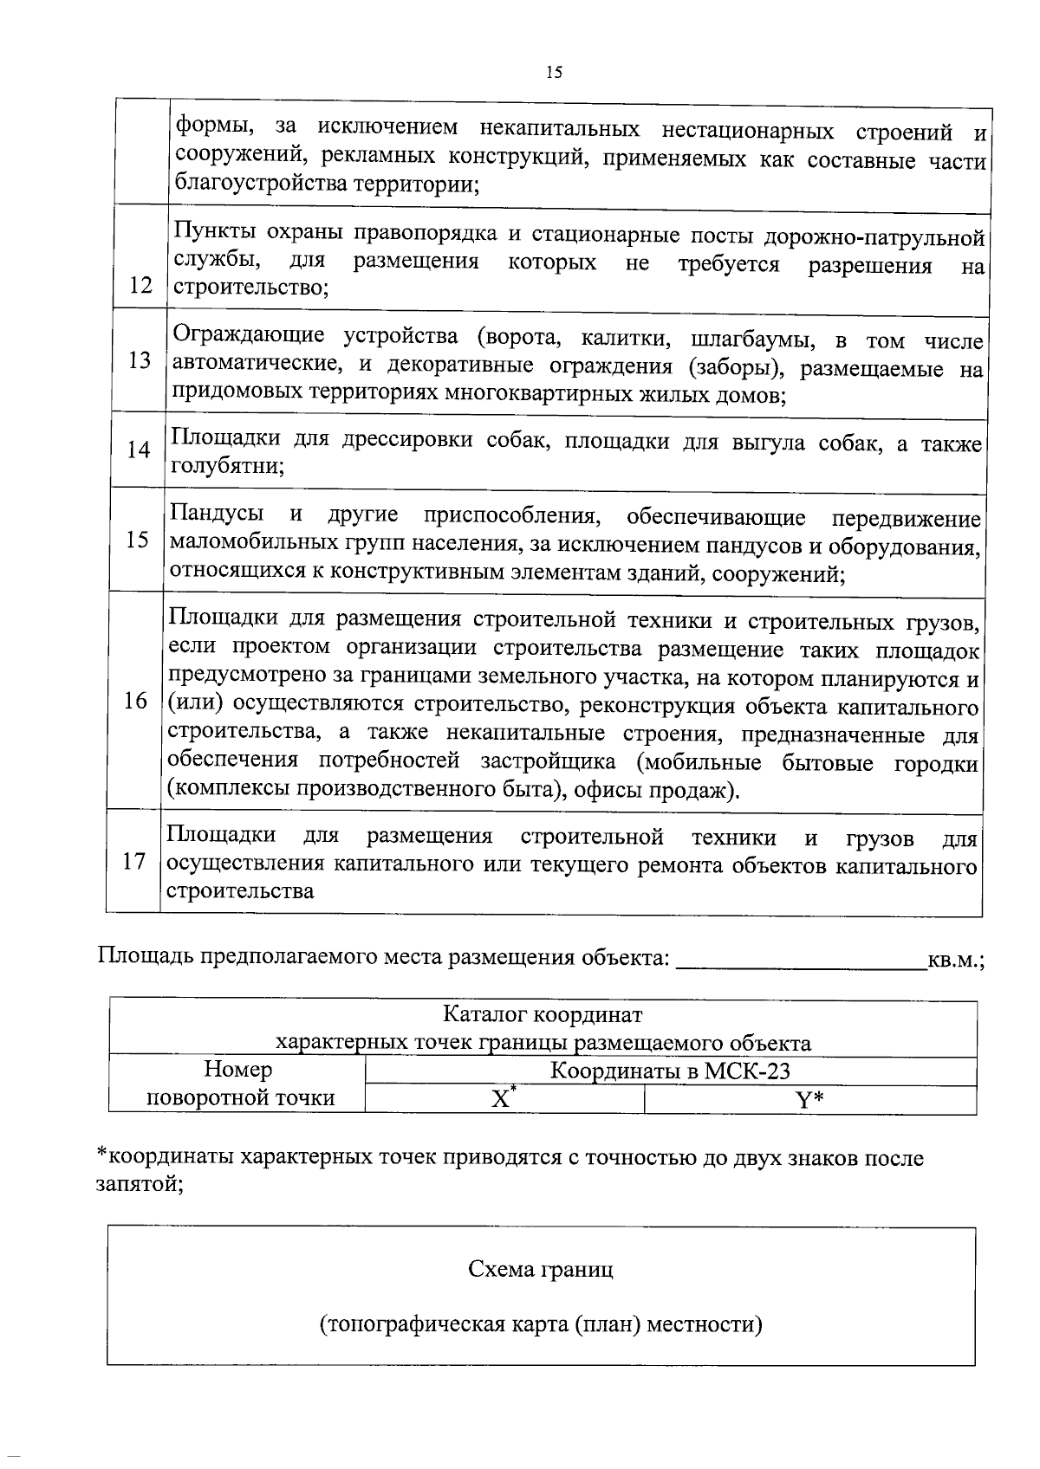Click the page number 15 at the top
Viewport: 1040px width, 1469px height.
coord(554,73)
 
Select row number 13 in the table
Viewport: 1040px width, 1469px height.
coord(140,360)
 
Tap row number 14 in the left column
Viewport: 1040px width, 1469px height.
coord(139,450)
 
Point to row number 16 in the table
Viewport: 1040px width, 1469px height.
coord(135,701)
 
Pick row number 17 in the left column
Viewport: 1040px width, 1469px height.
coord(133,861)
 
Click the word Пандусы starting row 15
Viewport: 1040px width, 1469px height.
coord(217,514)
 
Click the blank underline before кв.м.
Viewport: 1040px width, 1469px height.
coord(800,962)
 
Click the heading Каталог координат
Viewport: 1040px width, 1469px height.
coord(543,1013)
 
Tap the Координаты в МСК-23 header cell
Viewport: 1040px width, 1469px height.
coord(670,1071)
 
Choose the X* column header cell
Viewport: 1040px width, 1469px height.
coord(504,1098)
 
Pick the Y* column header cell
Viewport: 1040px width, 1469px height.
coord(809,1100)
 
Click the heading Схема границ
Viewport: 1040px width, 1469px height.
coord(541,1270)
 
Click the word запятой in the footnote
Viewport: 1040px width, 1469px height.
coord(138,1185)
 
